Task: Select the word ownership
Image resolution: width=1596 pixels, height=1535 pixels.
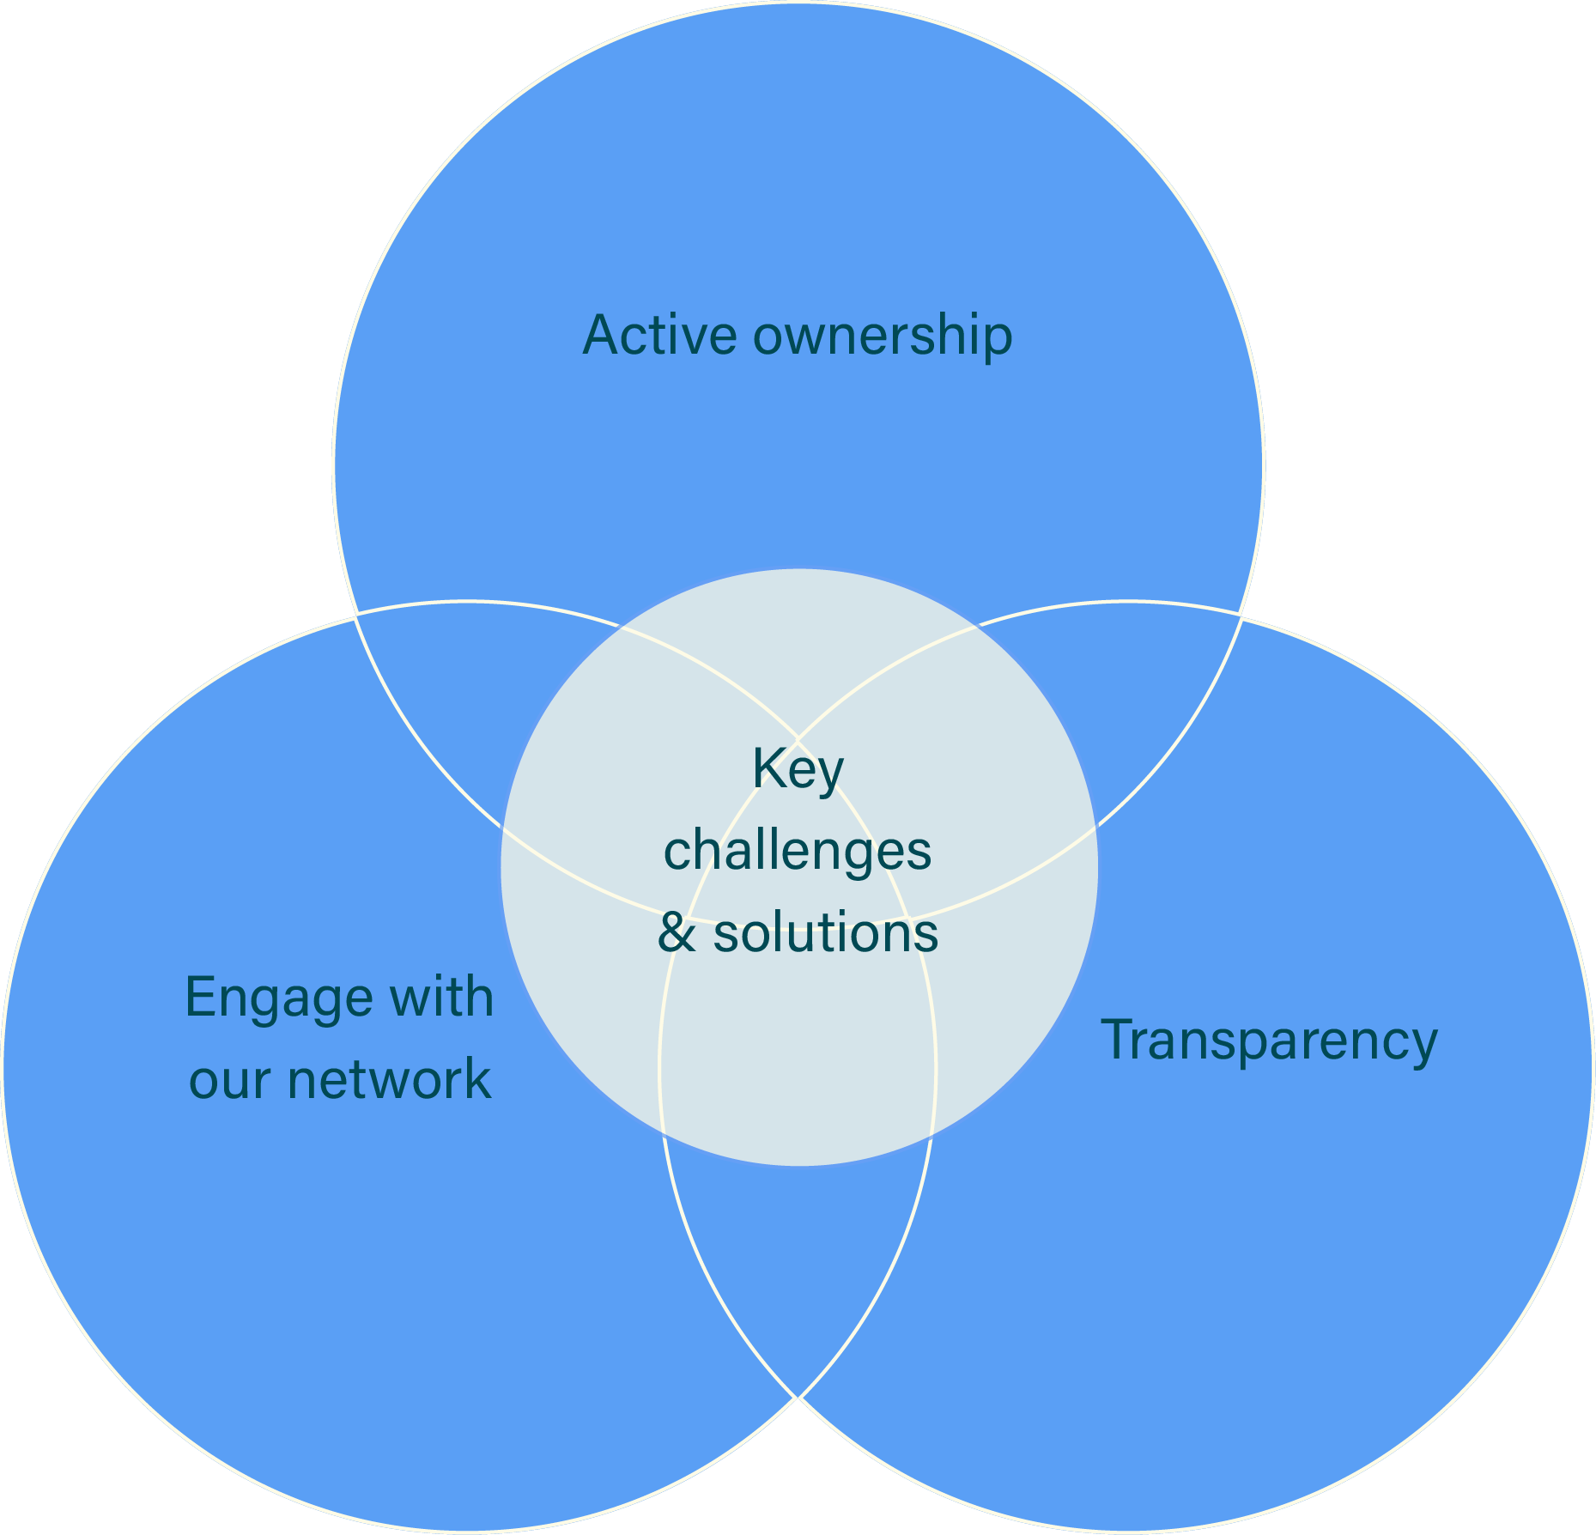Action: tap(883, 337)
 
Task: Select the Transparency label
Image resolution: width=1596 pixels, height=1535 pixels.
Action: tap(1269, 1041)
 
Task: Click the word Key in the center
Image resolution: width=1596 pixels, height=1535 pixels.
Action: tap(798, 770)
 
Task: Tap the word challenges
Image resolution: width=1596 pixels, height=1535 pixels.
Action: tap(798, 852)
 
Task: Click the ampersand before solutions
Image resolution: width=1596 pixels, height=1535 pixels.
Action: tap(677, 933)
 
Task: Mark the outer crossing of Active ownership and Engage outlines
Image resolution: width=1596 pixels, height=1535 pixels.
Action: tap(356, 616)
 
